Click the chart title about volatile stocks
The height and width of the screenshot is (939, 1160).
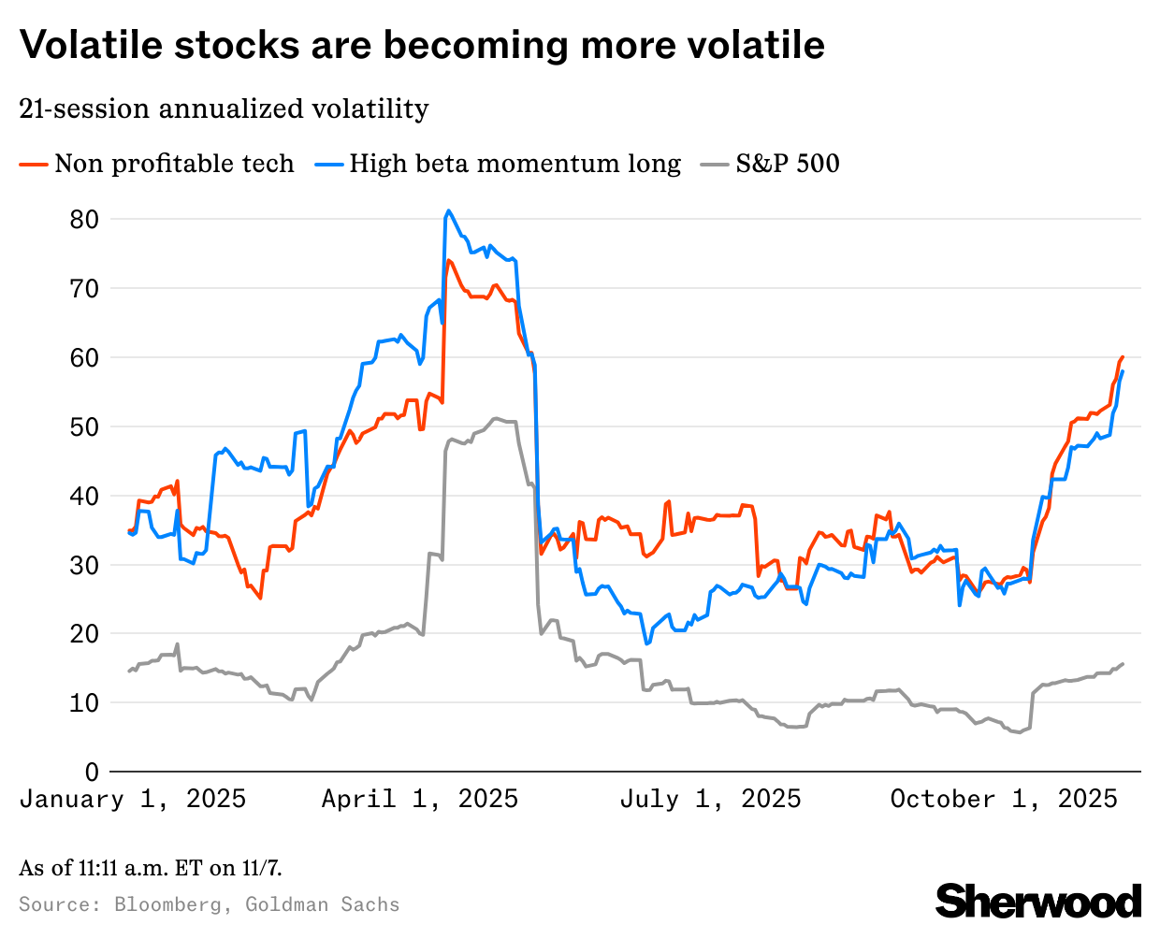[422, 45]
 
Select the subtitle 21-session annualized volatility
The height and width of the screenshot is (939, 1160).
[224, 108]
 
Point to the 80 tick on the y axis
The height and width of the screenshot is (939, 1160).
[84, 219]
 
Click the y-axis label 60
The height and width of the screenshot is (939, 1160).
[84, 357]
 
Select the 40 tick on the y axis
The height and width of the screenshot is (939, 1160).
[84, 496]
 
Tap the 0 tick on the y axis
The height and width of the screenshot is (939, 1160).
[92, 772]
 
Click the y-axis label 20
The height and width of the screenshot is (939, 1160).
[84, 634]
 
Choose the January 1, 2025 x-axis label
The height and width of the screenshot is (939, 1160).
[132, 799]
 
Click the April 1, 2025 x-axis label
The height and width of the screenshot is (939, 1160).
[420, 799]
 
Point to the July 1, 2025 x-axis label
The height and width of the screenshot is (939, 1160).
[710, 799]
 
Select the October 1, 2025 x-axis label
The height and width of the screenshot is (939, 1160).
[1004, 799]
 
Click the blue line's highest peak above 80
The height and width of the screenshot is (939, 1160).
[449, 210]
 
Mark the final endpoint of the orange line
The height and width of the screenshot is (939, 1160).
[1122, 357]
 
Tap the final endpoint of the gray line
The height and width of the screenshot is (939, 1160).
[1123, 664]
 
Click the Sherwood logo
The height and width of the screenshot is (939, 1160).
[1038, 902]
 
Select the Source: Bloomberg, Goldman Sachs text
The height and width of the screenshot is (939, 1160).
[209, 904]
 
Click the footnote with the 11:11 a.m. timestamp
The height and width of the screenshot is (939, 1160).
[150, 868]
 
